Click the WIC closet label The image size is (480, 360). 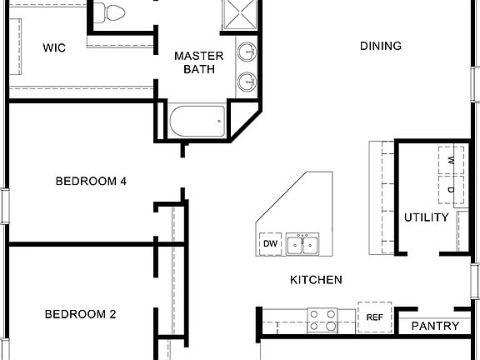(x=54, y=47)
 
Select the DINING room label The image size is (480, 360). (x=380, y=46)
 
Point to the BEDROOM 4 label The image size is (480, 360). (x=91, y=181)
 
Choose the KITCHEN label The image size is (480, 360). (x=316, y=280)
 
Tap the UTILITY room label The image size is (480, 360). (x=427, y=217)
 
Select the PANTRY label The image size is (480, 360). (x=435, y=326)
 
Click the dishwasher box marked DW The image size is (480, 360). (x=270, y=243)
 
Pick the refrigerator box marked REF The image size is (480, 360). (x=373, y=317)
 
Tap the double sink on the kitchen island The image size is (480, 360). (x=305, y=244)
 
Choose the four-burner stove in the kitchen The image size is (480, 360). (x=323, y=318)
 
